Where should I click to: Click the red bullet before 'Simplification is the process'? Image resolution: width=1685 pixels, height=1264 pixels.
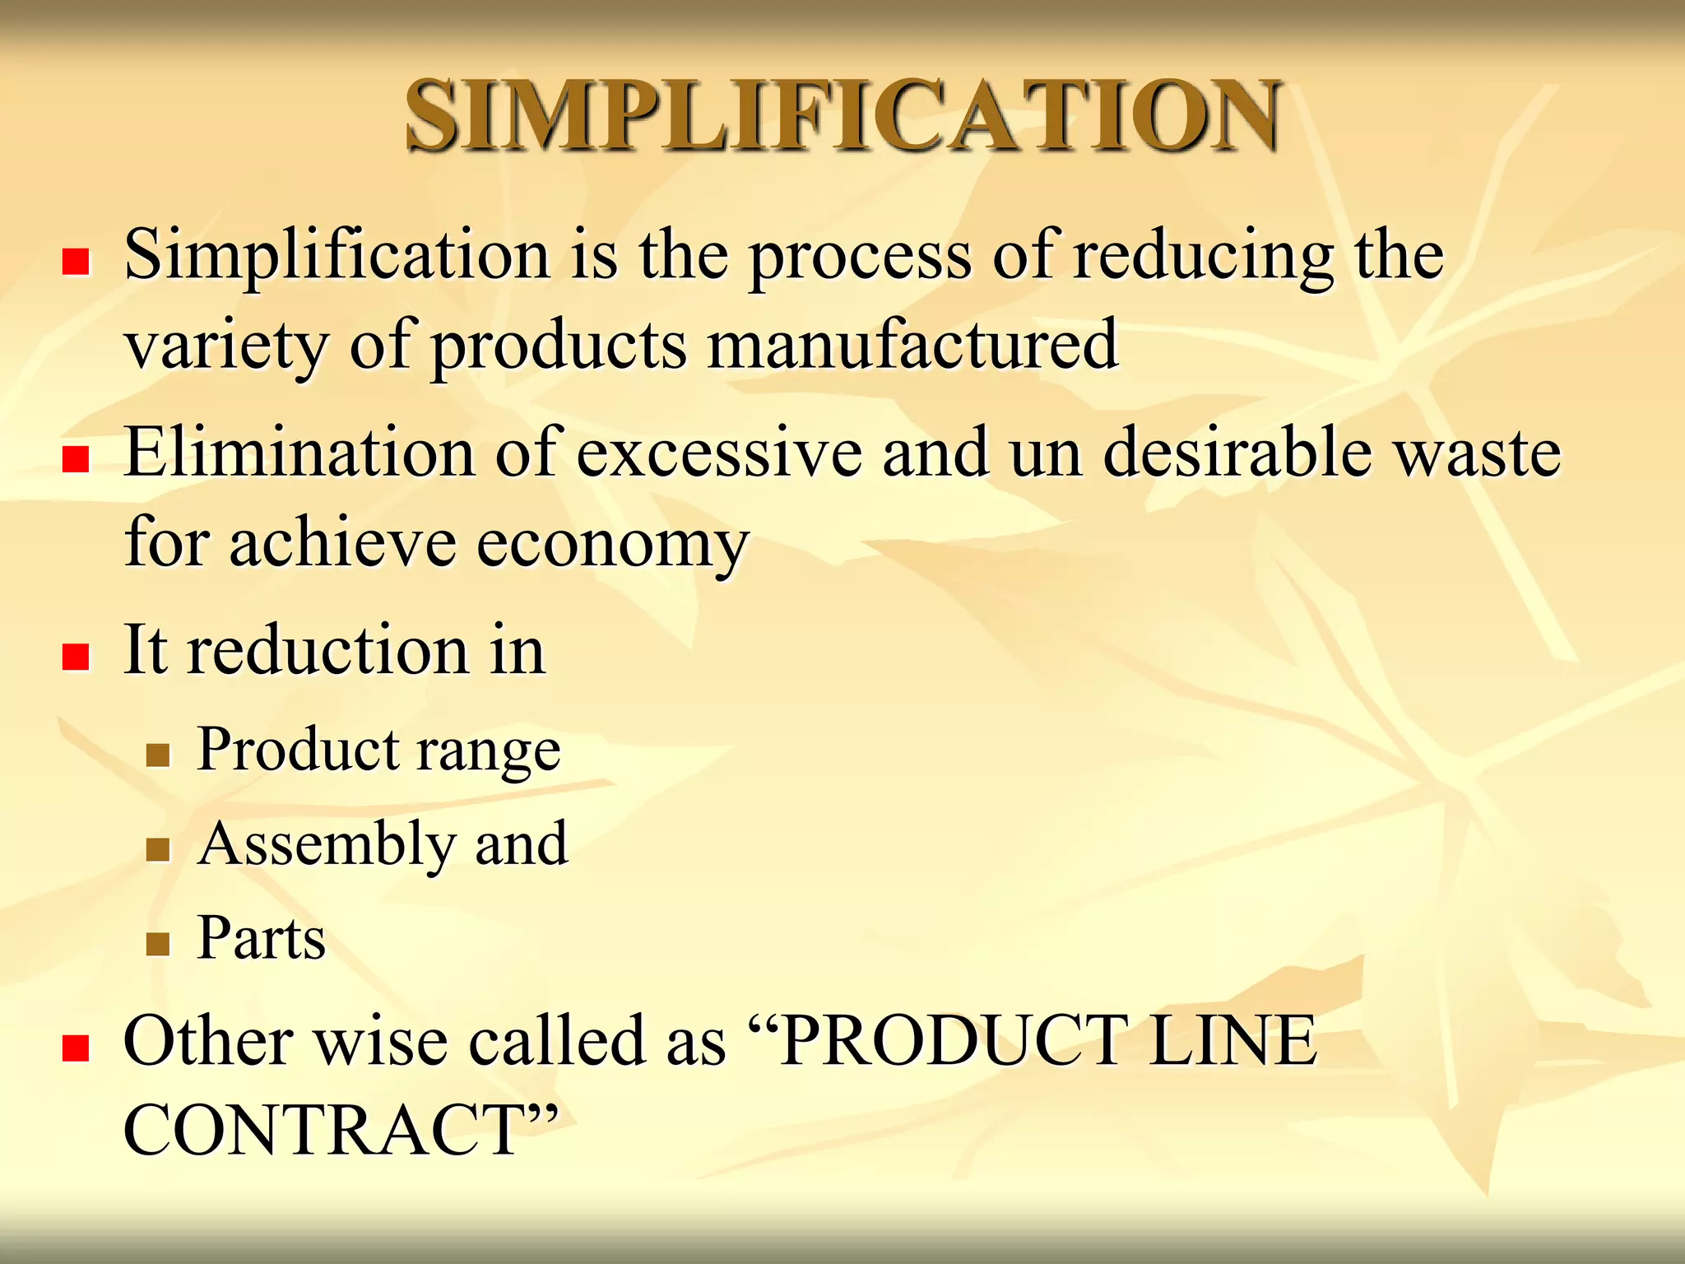[76, 263]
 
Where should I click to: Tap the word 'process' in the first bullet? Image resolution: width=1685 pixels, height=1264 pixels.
[860, 257]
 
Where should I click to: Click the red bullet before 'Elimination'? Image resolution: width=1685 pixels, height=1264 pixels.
[76, 459]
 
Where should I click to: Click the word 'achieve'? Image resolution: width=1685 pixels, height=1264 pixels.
[342, 543]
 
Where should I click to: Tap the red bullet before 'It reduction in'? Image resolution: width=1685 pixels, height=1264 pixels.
[76, 657]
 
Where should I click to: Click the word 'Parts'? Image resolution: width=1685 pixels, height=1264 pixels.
[262, 938]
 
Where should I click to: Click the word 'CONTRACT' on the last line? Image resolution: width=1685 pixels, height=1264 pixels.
[325, 1130]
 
